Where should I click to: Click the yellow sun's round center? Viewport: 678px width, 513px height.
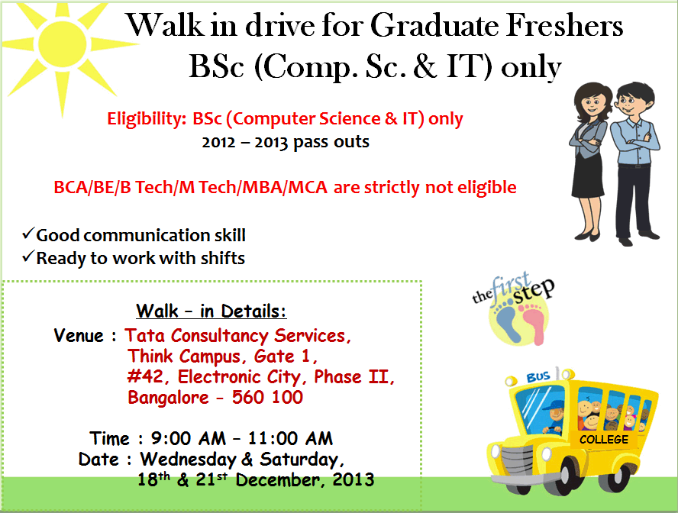click(x=63, y=44)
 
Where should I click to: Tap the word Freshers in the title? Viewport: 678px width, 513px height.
click(x=564, y=25)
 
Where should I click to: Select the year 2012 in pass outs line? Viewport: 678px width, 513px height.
click(x=218, y=142)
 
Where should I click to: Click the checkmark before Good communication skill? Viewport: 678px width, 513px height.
click(x=28, y=234)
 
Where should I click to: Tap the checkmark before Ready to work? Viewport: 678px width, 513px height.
click(x=28, y=256)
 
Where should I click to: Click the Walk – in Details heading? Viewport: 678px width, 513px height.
click(x=211, y=311)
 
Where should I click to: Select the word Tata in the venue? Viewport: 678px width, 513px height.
click(x=144, y=335)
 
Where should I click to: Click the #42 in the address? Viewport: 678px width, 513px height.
click(x=145, y=376)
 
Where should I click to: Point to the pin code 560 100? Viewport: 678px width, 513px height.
click(x=267, y=397)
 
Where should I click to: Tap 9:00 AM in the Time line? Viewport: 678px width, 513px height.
click(x=188, y=438)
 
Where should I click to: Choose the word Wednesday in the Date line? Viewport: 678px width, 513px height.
click(x=188, y=460)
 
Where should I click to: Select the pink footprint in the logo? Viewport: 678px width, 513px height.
click(x=534, y=322)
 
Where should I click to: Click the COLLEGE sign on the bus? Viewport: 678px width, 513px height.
click(x=604, y=440)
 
